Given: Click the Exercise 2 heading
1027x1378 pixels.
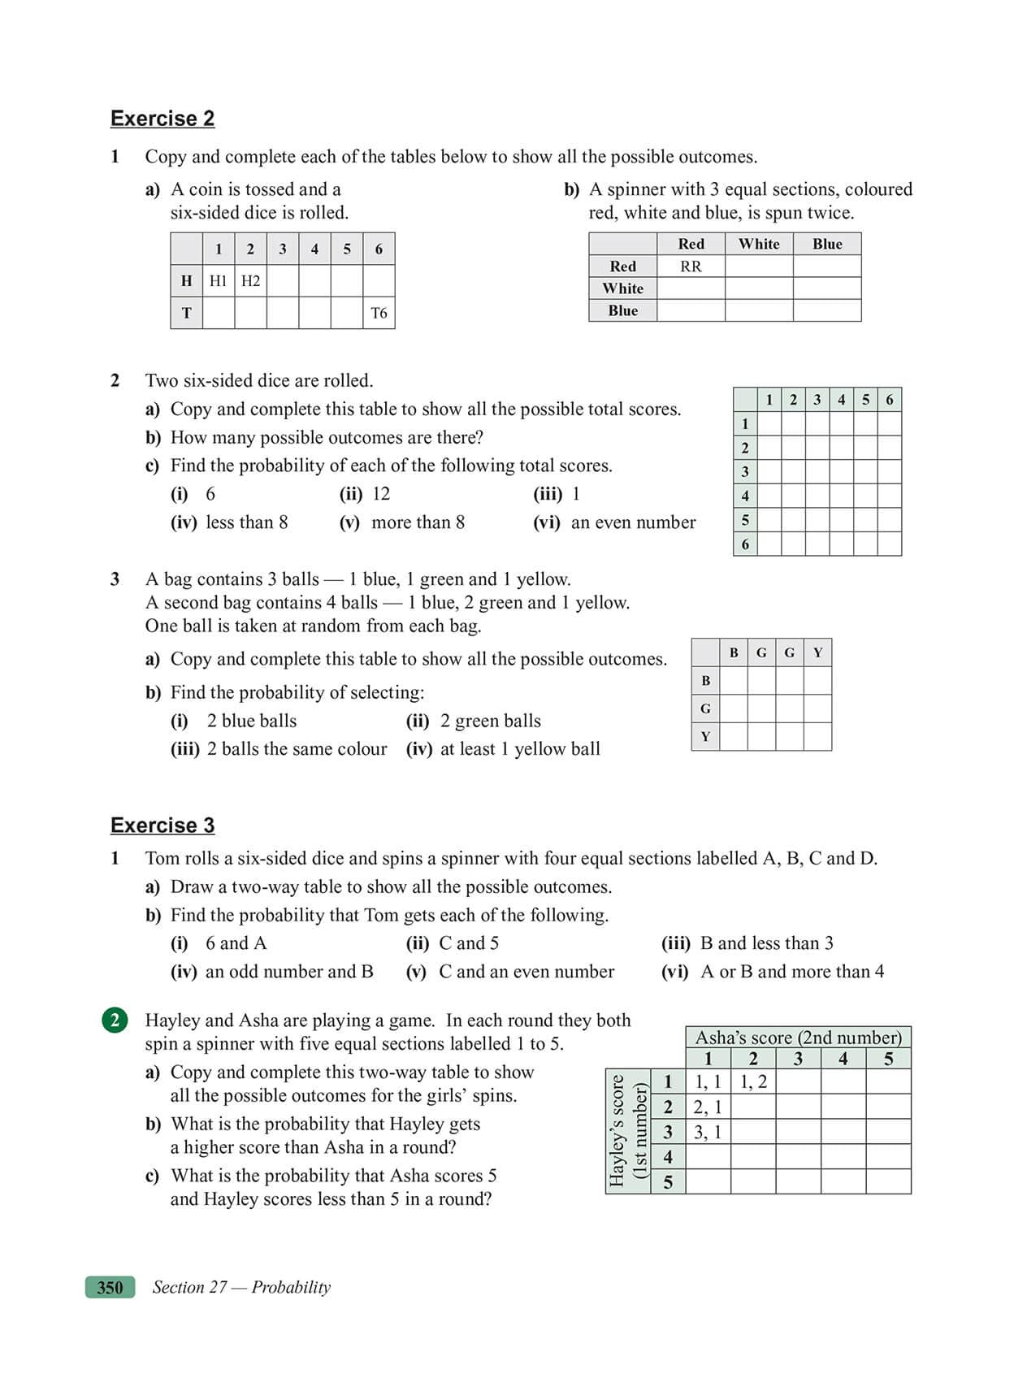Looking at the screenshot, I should (162, 119).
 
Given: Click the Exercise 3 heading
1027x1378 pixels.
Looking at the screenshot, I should (162, 825).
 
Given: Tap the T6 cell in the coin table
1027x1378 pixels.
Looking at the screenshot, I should (379, 313).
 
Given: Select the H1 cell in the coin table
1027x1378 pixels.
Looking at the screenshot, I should (218, 281).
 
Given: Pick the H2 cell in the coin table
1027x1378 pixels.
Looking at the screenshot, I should (250, 281).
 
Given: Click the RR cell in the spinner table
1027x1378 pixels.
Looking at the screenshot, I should (691, 266).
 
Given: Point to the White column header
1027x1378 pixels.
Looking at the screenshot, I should (759, 244).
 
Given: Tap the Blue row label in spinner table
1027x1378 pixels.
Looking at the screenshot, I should (622, 310).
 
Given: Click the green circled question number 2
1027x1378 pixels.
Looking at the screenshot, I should (115, 1020).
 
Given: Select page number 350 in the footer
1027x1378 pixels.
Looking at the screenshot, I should (110, 1287).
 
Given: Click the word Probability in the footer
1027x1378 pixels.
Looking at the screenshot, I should (291, 1287).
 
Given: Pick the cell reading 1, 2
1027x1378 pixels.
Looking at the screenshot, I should (753, 1081).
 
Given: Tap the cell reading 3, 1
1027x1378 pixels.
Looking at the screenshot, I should (708, 1132).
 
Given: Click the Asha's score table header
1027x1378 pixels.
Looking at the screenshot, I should (798, 1038).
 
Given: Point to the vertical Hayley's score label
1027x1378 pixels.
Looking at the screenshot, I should (617, 1130).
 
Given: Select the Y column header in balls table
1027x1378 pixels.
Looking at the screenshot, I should (817, 652).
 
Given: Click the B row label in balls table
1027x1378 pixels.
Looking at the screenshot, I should (705, 681).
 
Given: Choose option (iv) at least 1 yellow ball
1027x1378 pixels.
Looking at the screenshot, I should (504, 749).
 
